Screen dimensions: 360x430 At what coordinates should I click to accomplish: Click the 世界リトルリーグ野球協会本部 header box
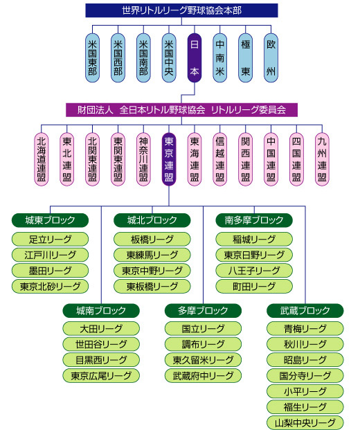pyautogui.click(x=181, y=10)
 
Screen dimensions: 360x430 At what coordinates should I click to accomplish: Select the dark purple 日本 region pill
pyautogui.click(x=195, y=58)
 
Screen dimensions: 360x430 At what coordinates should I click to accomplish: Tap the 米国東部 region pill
pyautogui.click(x=92, y=58)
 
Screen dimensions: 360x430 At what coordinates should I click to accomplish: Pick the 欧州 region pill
pyautogui.click(x=271, y=58)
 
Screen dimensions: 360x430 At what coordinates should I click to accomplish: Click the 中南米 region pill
pyautogui.click(x=220, y=58)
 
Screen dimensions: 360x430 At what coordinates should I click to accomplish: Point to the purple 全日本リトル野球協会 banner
pyautogui.click(x=181, y=110)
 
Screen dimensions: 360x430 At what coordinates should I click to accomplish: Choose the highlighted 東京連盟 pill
pyautogui.click(x=169, y=159)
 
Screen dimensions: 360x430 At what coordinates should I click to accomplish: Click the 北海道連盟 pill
pyautogui.click(x=42, y=159)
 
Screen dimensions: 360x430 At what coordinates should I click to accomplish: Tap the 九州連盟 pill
pyautogui.click(x=322, y=159)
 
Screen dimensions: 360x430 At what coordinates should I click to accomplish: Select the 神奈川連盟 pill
pyautogui.click(x=143, y=159)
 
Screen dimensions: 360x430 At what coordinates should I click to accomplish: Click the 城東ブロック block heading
pyautogui.click(x=50, y=220)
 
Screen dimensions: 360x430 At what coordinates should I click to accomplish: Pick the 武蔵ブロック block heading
pyautogui.click(x=305, y=310)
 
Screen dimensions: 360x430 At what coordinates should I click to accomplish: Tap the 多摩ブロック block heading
pyautogui.click(x=203, y=310)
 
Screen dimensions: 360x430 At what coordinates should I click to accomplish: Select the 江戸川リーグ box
pyautogui.click(x=50, y=255)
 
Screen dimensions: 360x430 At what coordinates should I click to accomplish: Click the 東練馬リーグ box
pyautogui.click(x=152, y=255)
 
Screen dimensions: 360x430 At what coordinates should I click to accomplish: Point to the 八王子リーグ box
pyautogui.click(x=254, y=271)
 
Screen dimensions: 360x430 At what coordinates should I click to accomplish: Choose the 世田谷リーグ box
pyautogui.click(x=101, y=344)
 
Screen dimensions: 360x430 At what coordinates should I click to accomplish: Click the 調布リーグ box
pyautogui.click(x=203, y=344)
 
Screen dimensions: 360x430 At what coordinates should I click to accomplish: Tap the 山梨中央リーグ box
pyautogui.click(x=305, y=422)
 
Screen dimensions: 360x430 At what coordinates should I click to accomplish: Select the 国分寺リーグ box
pyautogui.click(x=305, y=376)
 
